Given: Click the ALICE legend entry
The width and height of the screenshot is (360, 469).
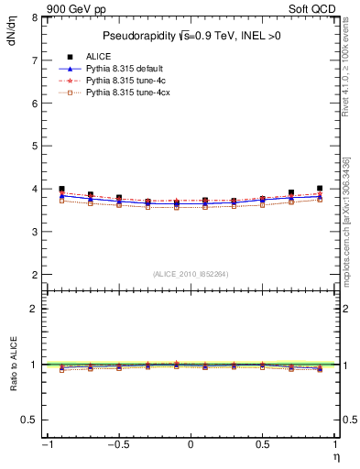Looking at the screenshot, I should pyautogui.click(x=98, y=57).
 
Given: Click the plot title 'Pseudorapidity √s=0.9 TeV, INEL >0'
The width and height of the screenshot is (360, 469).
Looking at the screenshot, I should pyautogui.click(x=191, y=37).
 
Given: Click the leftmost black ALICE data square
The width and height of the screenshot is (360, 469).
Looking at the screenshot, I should pyautogui.click(x=61, y=189).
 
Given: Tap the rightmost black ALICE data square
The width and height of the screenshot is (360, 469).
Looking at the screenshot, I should pyautogui.click(x=320, y=188).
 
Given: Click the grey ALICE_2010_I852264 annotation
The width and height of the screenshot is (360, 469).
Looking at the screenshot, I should pyautogui.click(x=191, y=274).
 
